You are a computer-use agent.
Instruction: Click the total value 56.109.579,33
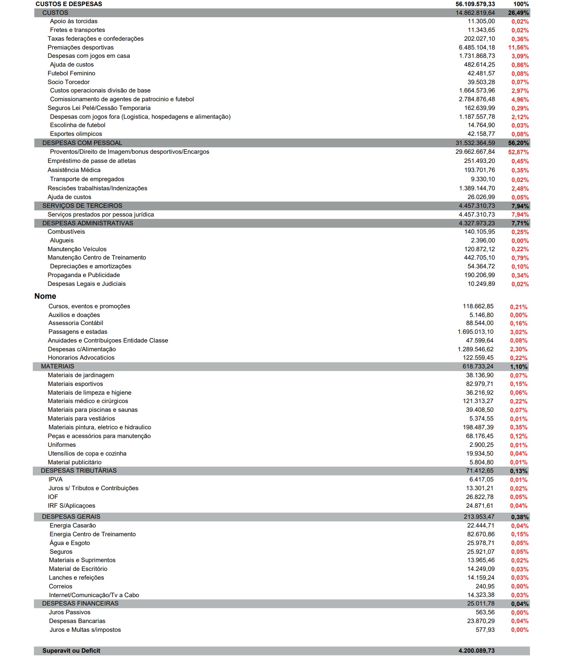point(475,4)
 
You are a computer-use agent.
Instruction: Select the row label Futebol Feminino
point(71,73)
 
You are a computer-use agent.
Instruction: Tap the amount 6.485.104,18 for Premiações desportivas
point(477,48)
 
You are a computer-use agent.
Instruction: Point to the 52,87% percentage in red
point(518,152)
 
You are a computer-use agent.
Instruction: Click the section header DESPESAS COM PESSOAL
point(82,143)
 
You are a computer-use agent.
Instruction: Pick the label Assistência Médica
point(74,170)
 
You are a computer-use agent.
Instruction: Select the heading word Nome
point(45,296)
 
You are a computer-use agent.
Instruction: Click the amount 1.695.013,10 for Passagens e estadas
point(475,332)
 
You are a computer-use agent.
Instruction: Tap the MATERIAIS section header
point(58,367)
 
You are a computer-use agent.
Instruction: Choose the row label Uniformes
point(62,445)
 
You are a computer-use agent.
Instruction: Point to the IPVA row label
point(55,480)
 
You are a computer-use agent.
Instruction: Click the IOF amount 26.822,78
point(480,497)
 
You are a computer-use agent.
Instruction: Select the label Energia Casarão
point(73,526)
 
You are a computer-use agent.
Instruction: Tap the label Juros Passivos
point(70,612)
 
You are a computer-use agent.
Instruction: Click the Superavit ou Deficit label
point(71,651)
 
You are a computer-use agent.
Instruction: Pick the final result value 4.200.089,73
point(476,651)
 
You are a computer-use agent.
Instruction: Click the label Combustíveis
point(66,232)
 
